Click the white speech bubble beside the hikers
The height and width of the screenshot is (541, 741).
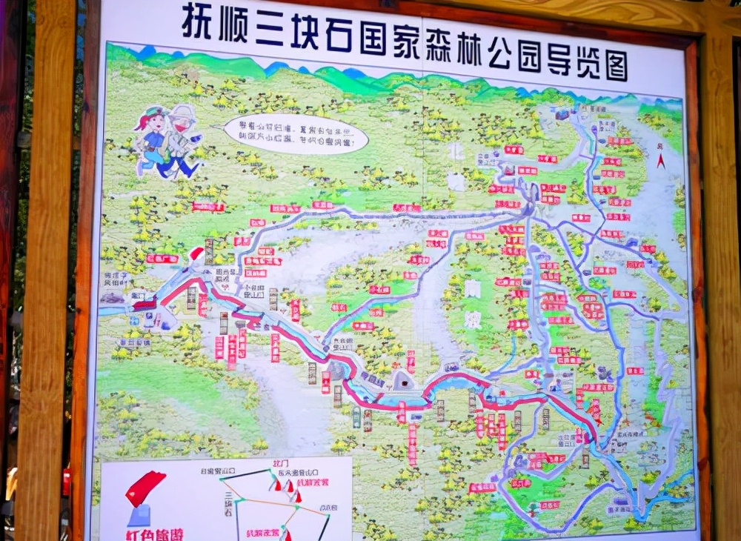click(296, 133)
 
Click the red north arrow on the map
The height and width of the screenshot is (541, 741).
click(659, 157)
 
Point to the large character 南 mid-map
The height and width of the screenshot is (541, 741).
click(472, 288)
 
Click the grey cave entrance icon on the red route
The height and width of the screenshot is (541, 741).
click(404, 381)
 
